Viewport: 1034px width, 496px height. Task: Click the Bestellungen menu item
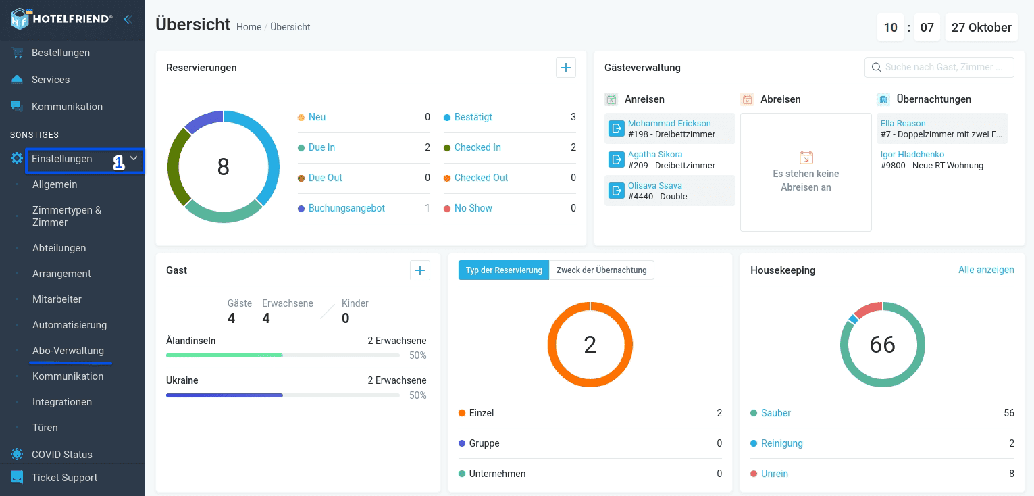[x=61, y=53]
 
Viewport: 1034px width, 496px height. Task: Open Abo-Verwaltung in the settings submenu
[x=68, y=351]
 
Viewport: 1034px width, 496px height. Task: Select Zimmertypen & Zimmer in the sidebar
[x=66, y=216]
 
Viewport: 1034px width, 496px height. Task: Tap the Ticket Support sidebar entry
[x=64, y=478]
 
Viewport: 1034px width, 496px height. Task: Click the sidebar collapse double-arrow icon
[x=128, y=19]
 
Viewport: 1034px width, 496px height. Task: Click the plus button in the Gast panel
[x=419, y=270]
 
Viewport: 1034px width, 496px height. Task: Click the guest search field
[x=939, y=68]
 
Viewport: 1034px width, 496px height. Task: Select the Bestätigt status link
[x=473, y=117]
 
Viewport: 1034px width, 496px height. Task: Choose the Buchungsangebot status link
[x=346, y=208]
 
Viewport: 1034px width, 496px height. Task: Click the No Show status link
[x=473, y=208]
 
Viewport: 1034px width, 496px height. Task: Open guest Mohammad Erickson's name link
[x=669, y=123]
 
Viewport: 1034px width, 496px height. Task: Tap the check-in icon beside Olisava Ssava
[x=616, y=191]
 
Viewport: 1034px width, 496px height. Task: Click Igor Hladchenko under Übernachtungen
[x=912, y=154]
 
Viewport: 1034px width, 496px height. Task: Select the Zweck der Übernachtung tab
[x=601, y=270]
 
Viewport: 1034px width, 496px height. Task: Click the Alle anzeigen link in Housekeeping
[x=986, y=270]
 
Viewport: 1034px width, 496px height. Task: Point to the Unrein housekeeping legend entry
[x=774, y=474]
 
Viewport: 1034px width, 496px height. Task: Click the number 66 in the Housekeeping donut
[x=882, y=345]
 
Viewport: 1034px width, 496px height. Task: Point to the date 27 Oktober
[x=981, y=27]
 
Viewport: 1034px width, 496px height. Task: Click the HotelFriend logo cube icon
[x=20, y=19]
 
